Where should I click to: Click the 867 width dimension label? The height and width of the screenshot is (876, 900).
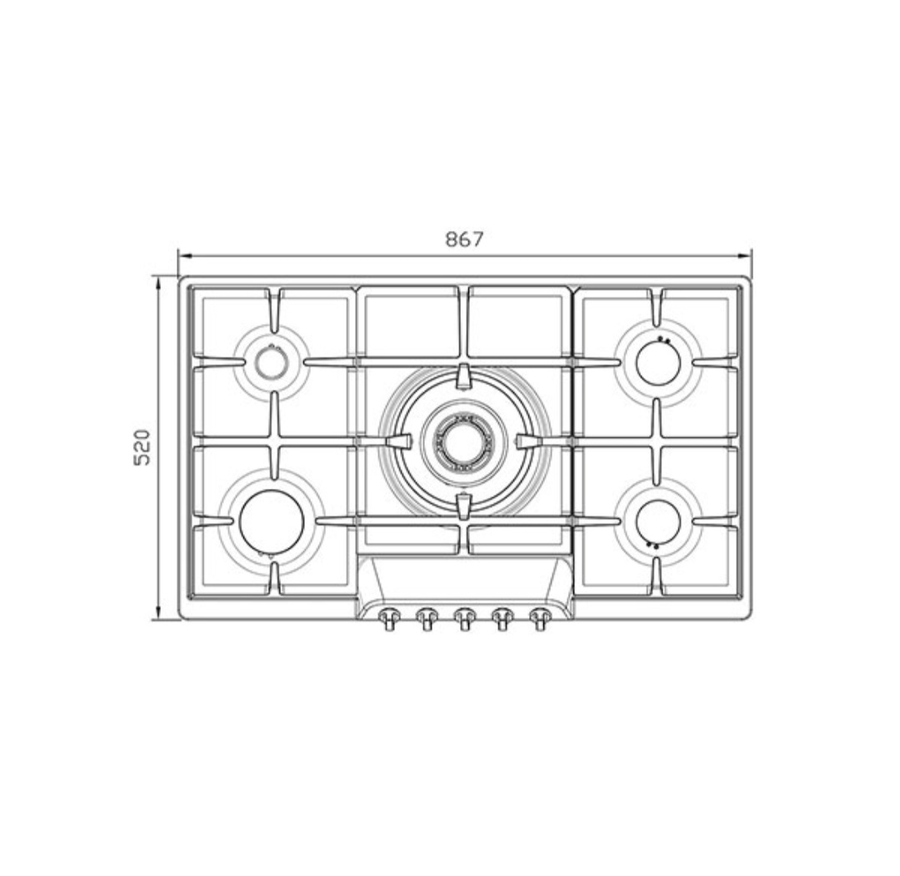point(465,239)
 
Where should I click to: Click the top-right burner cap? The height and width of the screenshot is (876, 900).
point(659,362)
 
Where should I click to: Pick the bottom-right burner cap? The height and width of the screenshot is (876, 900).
point(659,521)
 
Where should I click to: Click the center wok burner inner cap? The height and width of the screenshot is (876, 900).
point(463,441)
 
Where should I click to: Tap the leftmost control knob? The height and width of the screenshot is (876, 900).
point(389,618)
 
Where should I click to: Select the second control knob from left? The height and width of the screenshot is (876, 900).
point(427,618)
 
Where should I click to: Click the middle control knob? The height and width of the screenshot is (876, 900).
point(464,618)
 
